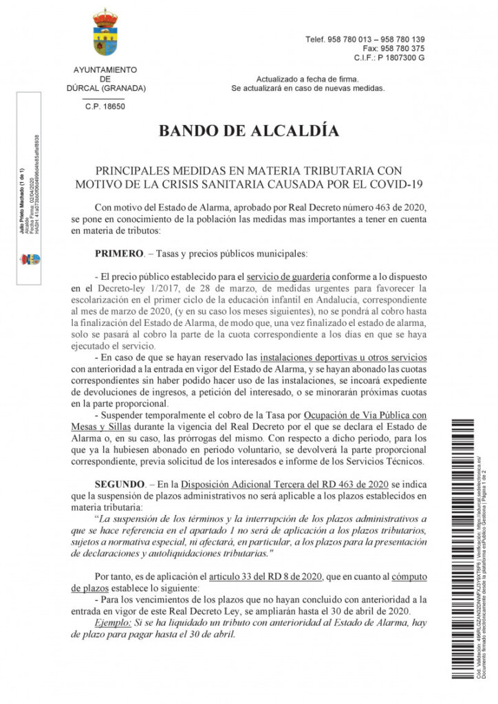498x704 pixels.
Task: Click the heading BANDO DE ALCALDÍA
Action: tap(248, 131)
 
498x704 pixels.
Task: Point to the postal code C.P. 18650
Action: tap(105, 107)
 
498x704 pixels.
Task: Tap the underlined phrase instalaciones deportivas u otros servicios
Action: tap(343, 357)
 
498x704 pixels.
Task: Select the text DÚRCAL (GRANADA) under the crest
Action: tap(105, 88)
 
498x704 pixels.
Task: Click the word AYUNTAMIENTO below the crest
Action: tap(105, 69)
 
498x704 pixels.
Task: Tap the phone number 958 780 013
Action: tap(347, 39)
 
